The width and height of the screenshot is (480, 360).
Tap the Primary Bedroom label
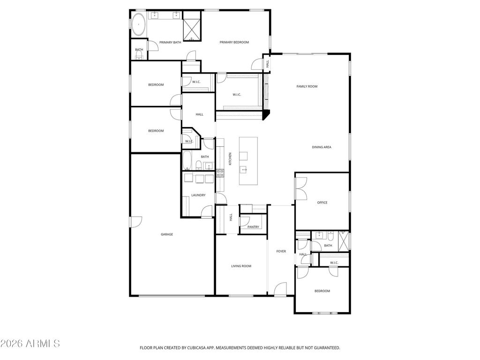234,42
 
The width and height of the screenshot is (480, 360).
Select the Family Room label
307,86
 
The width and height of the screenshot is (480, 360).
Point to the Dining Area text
322,147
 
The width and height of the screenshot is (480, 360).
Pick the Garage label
167,234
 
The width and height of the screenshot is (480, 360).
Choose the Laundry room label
198,195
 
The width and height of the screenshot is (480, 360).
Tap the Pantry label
253,227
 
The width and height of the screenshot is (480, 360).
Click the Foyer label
281,251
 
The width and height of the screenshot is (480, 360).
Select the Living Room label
241,266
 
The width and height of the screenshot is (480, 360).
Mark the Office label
322,202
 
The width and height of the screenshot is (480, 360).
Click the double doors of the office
300,188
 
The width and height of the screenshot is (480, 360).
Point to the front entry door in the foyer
280,289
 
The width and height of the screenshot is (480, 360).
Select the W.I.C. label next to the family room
237,95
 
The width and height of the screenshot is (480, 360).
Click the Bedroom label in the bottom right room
322,291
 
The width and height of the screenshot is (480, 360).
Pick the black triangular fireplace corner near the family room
267,114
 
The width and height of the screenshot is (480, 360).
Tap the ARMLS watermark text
30,344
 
